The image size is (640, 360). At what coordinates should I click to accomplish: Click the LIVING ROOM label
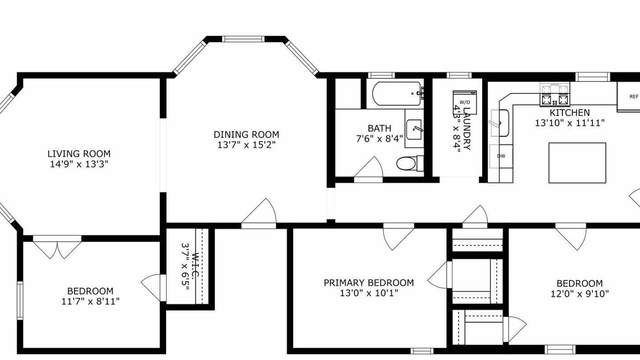point(79,153)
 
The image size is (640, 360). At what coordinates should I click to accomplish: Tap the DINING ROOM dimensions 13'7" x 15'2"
point(246,145)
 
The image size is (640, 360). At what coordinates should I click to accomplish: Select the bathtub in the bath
point(397,94)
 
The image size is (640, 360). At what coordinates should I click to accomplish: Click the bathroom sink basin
point(413,129)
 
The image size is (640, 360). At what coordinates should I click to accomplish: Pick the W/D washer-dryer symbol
point(465,102)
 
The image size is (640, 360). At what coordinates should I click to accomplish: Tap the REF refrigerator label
point(634,96)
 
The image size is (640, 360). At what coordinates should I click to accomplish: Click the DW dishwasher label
point(501,156)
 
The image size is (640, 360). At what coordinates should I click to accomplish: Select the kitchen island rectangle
point(577,163)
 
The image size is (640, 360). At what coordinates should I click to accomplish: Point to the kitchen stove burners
point(554,94)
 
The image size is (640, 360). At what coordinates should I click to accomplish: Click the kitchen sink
point(500,123)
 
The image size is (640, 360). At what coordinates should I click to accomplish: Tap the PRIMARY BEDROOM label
point(368,283)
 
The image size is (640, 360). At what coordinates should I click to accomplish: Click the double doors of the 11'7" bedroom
point(57,247)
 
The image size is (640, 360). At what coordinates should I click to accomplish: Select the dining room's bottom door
point(259,213)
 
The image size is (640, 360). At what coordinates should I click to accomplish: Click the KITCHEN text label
point(569,112)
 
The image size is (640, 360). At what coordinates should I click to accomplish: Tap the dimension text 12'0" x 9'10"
point(579,293)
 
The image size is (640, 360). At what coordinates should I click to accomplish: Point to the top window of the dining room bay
point(243,39)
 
